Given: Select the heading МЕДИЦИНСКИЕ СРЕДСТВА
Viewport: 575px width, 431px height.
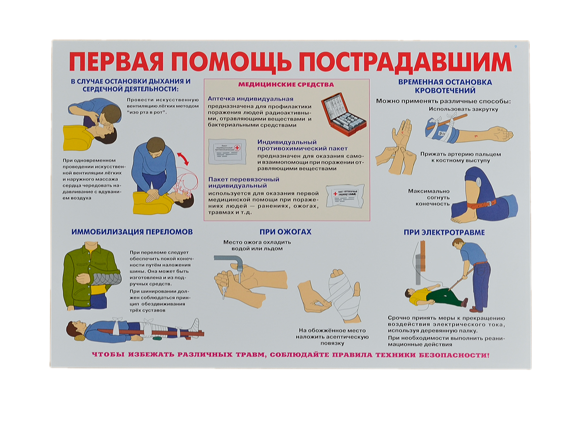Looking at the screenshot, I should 286,85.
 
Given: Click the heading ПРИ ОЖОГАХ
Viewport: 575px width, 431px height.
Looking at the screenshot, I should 286,232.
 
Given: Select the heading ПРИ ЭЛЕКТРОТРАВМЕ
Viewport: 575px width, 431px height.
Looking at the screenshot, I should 444,233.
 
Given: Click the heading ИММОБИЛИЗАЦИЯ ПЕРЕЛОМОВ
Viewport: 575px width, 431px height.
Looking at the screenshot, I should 132,232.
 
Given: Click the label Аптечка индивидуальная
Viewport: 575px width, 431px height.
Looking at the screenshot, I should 251,98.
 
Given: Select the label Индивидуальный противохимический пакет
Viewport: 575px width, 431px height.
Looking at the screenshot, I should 302,145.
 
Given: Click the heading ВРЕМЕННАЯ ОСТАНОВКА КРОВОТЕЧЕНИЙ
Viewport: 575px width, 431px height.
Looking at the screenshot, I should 445,86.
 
